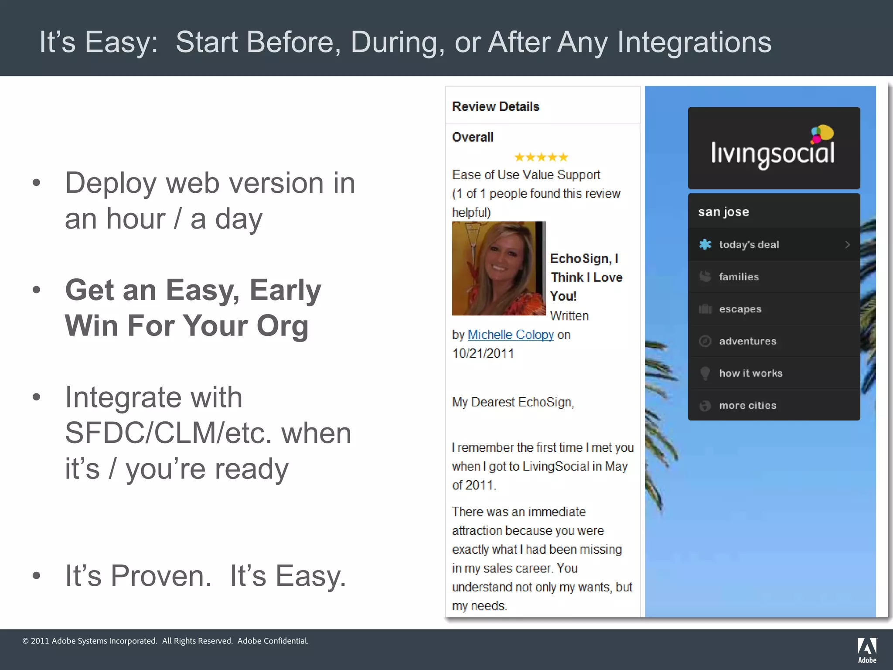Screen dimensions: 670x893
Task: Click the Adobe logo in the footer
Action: [x=867, y=650]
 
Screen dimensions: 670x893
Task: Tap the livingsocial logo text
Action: [x=773, y=153]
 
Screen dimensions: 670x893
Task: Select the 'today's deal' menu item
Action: [x=749, y=245]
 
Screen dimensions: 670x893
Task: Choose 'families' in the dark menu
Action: [x=739, y=277]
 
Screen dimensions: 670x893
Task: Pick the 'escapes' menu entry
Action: [x=740, y=309]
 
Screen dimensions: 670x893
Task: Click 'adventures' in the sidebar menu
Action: [x=747, y=341]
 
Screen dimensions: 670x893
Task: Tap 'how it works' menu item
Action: [x=750, y=373]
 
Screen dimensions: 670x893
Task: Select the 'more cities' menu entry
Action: [x=747, y=406]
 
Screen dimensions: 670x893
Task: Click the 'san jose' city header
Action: [x=723, y=212]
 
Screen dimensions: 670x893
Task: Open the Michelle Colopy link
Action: [x=511, y=335]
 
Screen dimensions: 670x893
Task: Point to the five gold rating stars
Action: [x=541, y=157]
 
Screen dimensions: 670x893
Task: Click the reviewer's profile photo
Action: [x=498, y=268]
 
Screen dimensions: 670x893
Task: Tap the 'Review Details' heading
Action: [x=495, y=106]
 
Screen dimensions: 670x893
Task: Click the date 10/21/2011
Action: [x=483, y=353]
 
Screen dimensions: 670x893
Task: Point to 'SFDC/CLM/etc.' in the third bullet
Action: [x=168, y=433]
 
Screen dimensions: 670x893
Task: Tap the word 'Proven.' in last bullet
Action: [x=161, y=576]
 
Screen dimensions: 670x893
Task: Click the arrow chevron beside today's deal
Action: [x=847, y=245]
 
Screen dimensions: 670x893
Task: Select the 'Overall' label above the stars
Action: [x=473, y=137]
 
